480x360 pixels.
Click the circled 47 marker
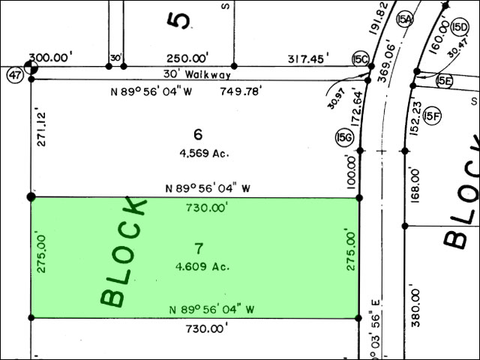click(x=15, y=75)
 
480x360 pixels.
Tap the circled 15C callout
click(x=361, y=59)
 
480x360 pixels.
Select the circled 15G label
click(x=344, y=137)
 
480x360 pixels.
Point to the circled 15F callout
click(x=432, y=116)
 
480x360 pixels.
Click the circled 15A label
click(x=405, y=20)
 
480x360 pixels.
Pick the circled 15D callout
click(x=460, y=28)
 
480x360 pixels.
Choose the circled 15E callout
click(x=444, y=81)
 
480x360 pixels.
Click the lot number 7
click(x=199, y=248)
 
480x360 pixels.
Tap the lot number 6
click(x=198, y=134)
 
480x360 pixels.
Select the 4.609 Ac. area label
click(x=202, y=267)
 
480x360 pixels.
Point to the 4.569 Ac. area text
click(x=204, y=153)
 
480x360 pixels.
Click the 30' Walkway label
click(x=197, y=74)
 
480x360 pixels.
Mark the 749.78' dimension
click(x=241, y=91)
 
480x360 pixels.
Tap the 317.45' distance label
click(x=308, y=58)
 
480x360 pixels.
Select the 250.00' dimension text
click(x=187, y=58)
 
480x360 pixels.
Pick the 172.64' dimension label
click(x=357, y=107)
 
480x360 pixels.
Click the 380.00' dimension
click(x=415, y=305)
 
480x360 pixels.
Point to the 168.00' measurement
click(x=415, y=185)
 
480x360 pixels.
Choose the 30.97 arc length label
click(x=336, y=98)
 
